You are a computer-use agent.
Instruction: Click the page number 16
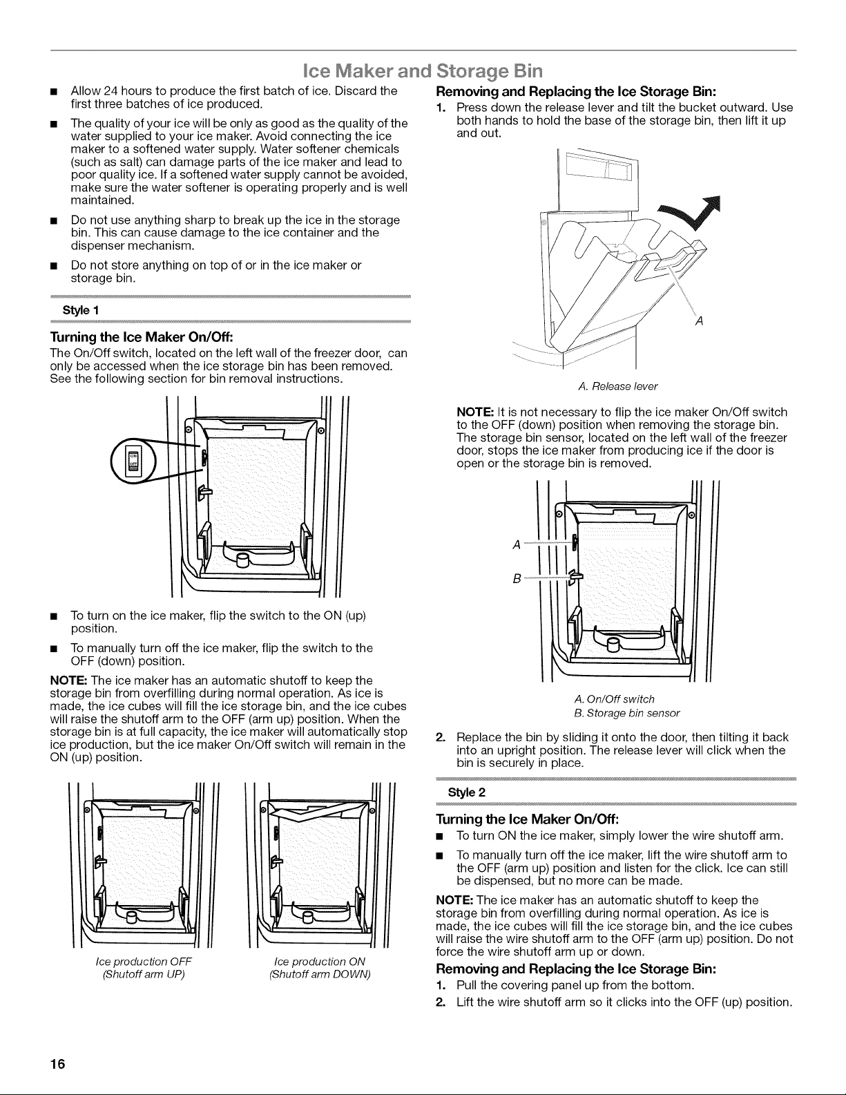tap(58, 1064)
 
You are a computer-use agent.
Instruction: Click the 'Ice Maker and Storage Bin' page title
tap(423, 70)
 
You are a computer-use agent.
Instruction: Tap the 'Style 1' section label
tap(81, 310)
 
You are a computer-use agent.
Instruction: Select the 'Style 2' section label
tap(467, 792)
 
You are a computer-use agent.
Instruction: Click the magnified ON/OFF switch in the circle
tap(134, 460)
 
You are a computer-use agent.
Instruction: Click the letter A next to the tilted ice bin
tap(698, 321)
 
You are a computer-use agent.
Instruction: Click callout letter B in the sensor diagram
tap(516, 579)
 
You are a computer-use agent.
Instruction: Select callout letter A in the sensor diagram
tap(516, 544)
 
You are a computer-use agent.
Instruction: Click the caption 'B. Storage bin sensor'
tap(627, 713)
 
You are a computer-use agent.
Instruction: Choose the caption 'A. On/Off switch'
tap(615, 699)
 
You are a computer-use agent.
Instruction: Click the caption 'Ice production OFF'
tap(144, 961)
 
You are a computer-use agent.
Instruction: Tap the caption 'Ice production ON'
tap(320, 961)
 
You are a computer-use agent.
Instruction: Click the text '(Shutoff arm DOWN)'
tap(320, 974)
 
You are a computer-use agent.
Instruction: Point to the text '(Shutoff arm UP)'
tap(144, 974)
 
